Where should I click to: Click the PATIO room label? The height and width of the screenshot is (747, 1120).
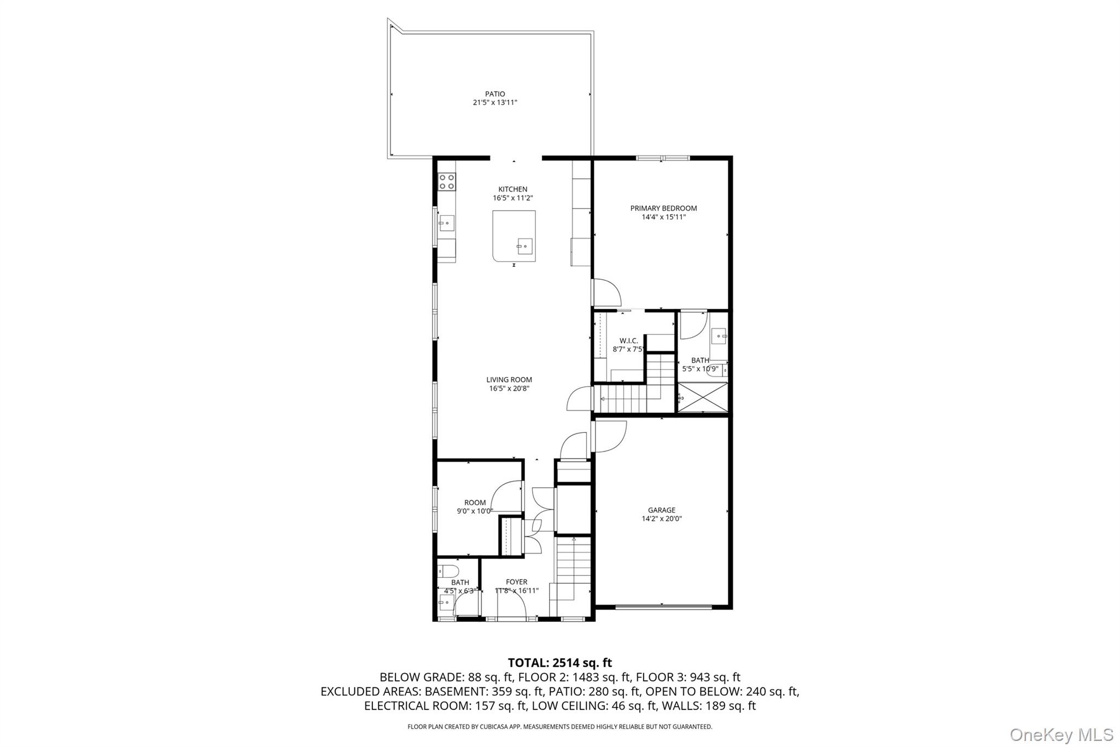(494, 94)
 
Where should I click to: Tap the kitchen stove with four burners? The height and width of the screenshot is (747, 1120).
(446, 181)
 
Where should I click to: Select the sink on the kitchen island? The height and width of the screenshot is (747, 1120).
(525, 246)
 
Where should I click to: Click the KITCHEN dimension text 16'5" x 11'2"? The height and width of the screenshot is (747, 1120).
(512, 198)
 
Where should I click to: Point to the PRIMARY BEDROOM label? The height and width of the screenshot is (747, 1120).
(663, 208)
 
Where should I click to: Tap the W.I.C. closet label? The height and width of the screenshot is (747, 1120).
(628, 340)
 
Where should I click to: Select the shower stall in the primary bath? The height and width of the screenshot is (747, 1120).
(703, 397)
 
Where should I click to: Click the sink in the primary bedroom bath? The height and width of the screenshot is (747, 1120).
(719, 335)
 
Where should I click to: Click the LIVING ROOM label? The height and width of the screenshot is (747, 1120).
(509, 380)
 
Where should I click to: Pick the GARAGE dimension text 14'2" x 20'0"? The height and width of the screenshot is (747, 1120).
(662, 519)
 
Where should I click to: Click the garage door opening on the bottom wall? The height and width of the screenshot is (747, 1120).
(663, 606)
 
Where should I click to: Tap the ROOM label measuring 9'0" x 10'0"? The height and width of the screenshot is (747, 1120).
(475, 502)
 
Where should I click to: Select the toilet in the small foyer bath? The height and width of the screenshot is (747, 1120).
(444, 571)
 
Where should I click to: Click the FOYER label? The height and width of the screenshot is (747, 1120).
(516, 582)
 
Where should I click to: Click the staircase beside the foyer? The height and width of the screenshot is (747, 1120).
(573, 569)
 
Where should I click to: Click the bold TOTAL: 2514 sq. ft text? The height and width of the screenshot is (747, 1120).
(559, 663)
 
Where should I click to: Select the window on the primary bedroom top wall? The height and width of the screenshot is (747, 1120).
(662, 158)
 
